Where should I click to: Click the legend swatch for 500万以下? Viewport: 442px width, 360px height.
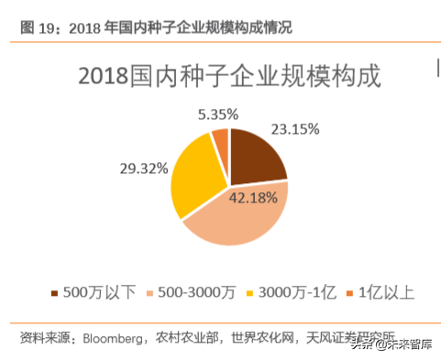[x=54, y=293]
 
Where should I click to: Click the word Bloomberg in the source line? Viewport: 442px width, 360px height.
[x=118, y=337]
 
